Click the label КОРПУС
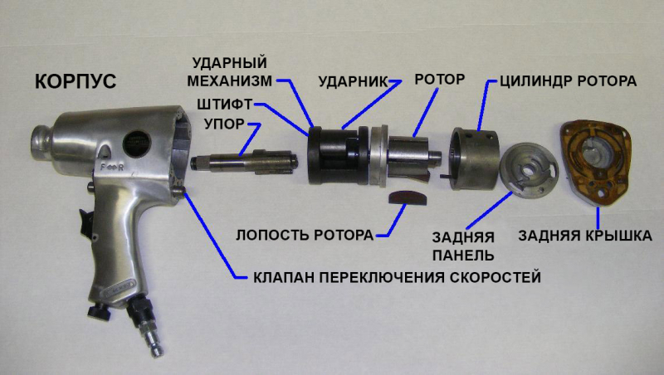76,81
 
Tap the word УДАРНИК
353,81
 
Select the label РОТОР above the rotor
440,79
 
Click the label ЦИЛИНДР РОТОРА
568,80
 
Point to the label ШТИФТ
224,104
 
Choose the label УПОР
225,124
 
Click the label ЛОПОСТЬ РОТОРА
305,235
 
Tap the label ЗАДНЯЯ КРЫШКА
585,236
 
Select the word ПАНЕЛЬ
463,256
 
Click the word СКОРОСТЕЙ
495,277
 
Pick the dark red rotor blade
408,197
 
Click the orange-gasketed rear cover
596,163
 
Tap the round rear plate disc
529,171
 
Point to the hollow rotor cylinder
473,158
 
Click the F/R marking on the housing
112,168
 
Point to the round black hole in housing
137,144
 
